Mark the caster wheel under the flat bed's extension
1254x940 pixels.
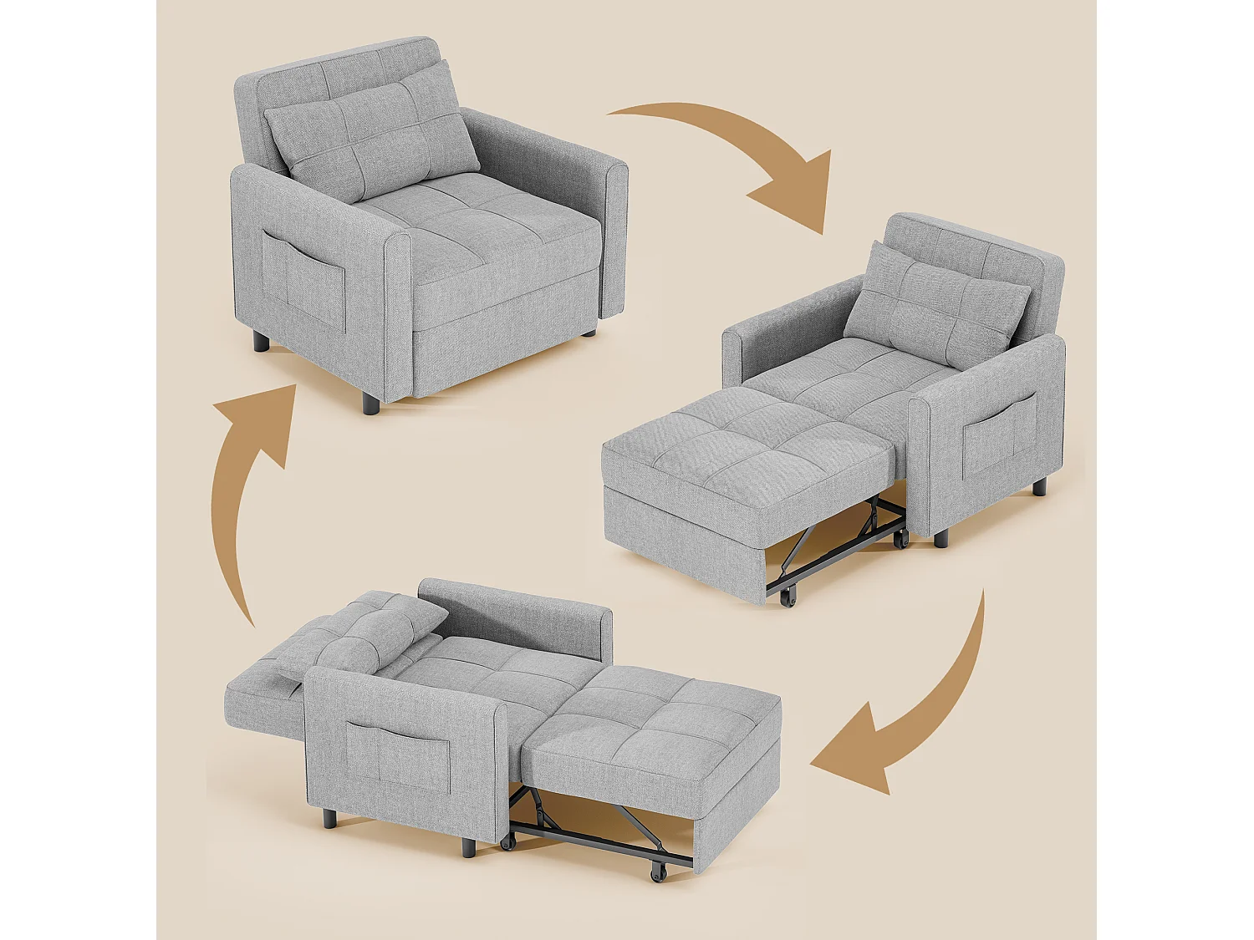(x=659, y=871)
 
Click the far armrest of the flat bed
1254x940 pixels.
(x=518, y=614)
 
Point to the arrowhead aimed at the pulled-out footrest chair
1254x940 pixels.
(x=798, y=192)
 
